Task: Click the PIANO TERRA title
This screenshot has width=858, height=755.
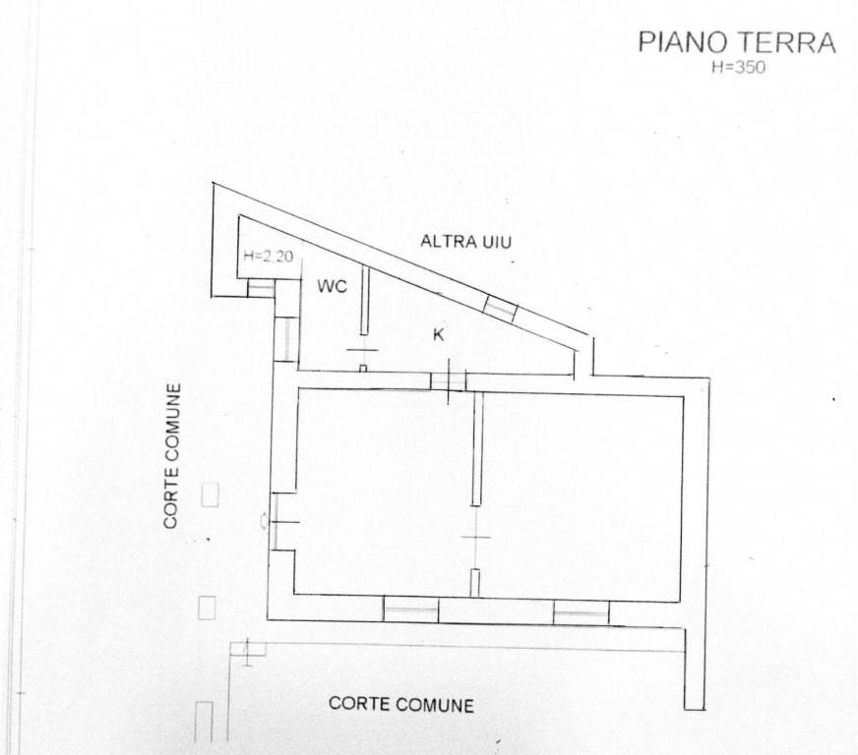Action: click(737, 42)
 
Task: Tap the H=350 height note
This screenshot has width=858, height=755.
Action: click(738, 67)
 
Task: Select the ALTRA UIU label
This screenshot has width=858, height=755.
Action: click(465, 241)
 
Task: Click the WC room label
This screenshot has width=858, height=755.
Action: click(333, 286)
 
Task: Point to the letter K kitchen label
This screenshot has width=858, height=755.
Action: click(438, 334)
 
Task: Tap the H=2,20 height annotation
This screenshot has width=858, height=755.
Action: click(269, 256)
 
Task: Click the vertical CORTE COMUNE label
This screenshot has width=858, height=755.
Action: click(172, 456)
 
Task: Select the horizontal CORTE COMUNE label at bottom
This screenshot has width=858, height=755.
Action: click(401, 704)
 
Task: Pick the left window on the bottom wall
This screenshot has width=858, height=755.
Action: click(411, 610)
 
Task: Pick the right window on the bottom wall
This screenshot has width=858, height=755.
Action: click(582, 612)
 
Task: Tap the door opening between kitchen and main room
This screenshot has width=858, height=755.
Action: click(448, 380)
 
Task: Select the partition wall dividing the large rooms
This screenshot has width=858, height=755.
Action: click(477, 448)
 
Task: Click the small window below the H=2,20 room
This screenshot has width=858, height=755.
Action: click(261, 288)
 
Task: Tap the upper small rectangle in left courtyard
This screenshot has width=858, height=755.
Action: click(211, 494)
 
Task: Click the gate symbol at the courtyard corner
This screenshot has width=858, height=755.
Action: click(247, 651)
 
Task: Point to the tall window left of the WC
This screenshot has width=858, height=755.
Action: click(285, 339)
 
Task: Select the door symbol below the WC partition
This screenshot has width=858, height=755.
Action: click(363, 359)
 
